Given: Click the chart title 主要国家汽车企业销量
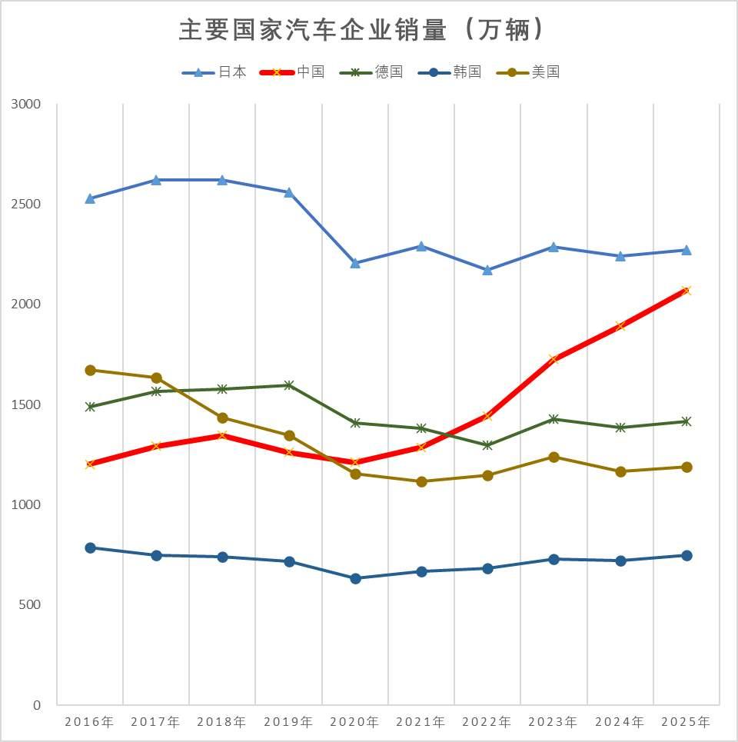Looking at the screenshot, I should pos(362,31).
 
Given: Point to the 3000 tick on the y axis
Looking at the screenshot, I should pos(27,104).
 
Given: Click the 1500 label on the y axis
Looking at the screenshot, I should pos(27,404).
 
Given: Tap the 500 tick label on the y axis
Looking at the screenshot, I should pos(32,605).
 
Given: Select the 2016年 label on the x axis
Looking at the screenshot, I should pos(89,722).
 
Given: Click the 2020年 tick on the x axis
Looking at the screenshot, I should pos(354,722).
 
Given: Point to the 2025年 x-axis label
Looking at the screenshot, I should pos(686,722).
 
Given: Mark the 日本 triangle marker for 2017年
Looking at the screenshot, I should pos(156,180).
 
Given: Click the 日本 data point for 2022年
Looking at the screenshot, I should pos(487,270).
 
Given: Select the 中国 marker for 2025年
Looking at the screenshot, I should pos(686,290).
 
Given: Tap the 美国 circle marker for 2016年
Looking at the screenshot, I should pos(90,370).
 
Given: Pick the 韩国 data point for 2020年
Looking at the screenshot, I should pos(355,578).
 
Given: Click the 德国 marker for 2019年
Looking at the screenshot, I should pos(289,384).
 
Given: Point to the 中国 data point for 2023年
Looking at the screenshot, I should pos(553,358).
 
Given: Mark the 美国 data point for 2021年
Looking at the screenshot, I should pos(421,481).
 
